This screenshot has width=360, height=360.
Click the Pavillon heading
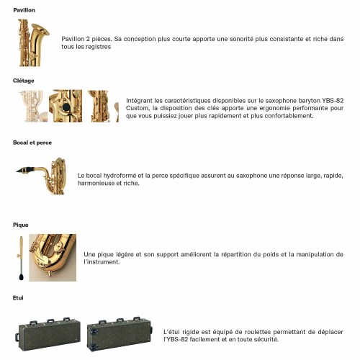click(24, 10)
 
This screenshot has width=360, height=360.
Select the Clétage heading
click(24, 81)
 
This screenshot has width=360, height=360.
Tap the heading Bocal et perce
click(32, 143)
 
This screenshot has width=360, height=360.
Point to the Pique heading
click(21, 225)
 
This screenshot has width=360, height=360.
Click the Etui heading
click(18, 298)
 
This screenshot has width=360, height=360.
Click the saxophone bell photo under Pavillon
click(34, 42)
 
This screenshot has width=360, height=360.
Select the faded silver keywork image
click(34, 106)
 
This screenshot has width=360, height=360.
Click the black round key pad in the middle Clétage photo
click(66, 107)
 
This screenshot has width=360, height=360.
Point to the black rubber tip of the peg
click(22, 277)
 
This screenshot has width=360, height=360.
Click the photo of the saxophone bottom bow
click(53, 258)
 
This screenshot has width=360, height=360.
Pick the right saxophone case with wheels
click(120, 334)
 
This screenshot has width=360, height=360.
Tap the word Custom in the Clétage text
click(137, 108)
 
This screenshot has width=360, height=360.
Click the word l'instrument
click(102, 262)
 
